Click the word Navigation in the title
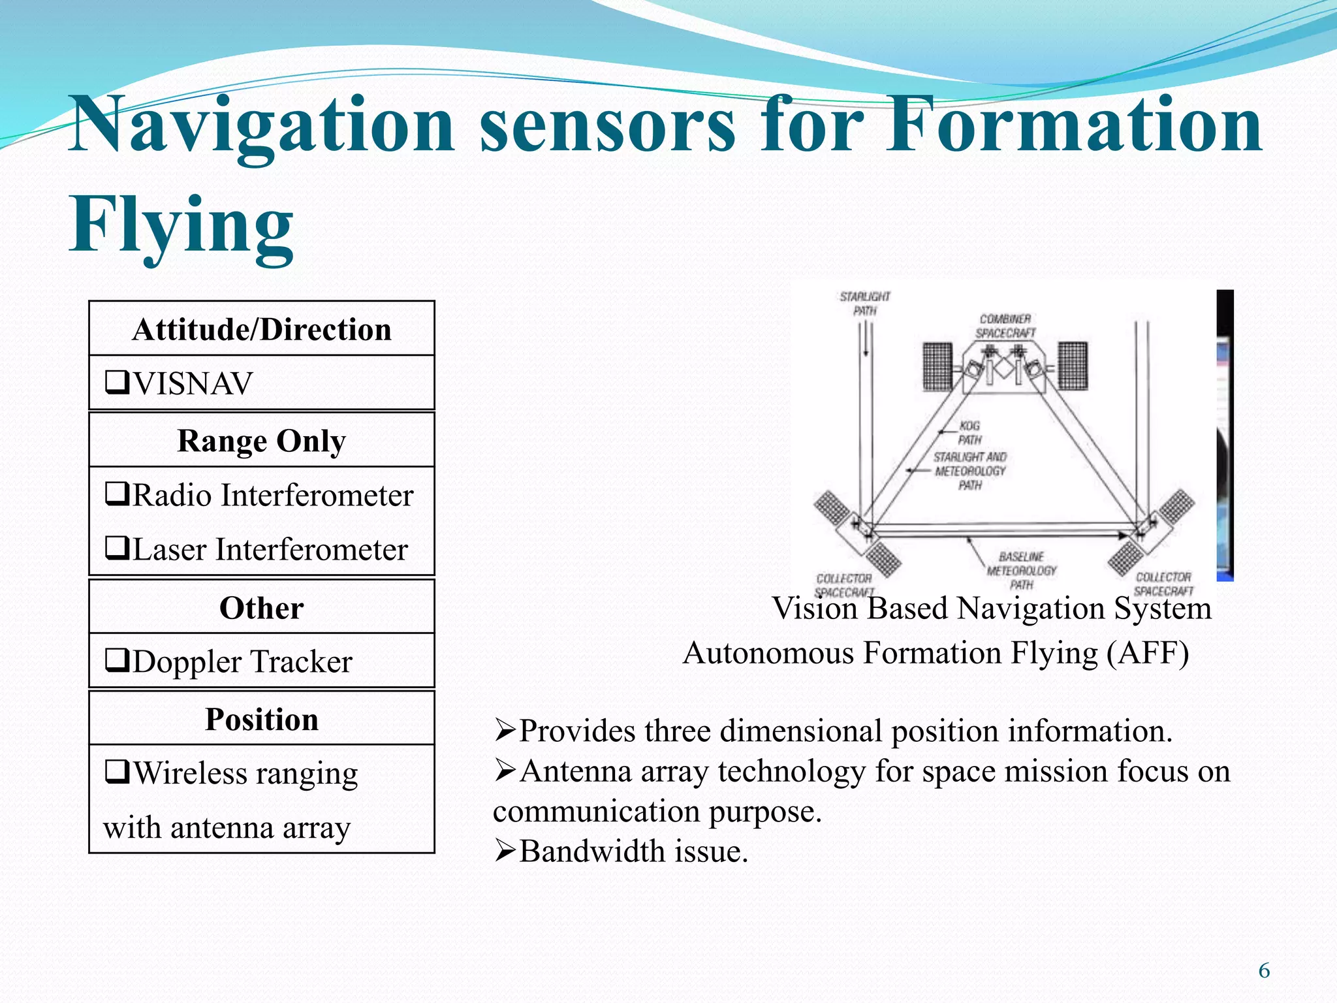(x=261, y=124)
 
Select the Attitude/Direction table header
(x=262, y=329)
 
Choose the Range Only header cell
(x=262, y=440)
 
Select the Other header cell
(x=262, y=608)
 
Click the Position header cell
(x=262, y=719)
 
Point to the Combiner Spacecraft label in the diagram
(x=1005, y=326)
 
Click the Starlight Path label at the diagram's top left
(x=864, y=304)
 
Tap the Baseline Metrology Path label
(x=1021, y=570)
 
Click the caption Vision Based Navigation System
(x=991, y=609)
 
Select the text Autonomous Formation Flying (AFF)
(x=936, y=652)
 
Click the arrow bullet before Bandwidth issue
(x=505, y=851)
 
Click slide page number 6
(x=1264, y=971)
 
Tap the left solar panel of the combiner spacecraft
(x=938, y=366)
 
